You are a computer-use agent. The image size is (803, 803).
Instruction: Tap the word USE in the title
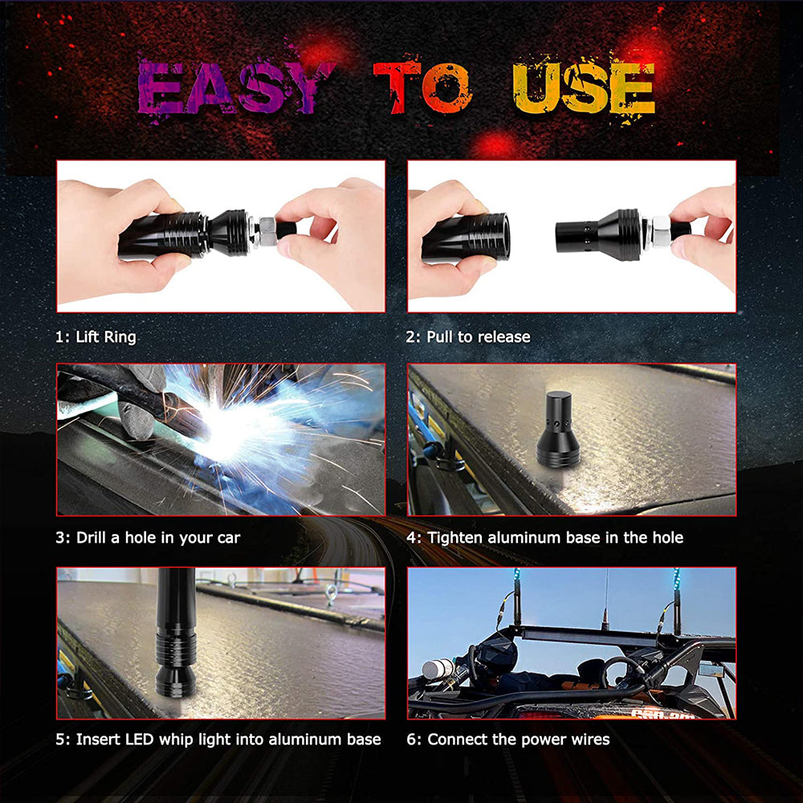(x=583, y=87)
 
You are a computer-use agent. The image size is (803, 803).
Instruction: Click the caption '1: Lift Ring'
(x=96, y=336)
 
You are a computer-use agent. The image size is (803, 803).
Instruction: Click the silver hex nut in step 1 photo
(x=264, y=232)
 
